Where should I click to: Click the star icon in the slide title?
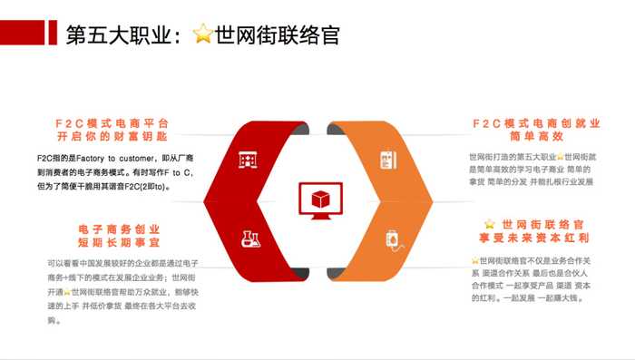point(203,34)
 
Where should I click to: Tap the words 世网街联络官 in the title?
point(278,34)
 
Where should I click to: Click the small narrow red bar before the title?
point(55,34)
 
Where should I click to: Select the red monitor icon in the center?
point(318,201)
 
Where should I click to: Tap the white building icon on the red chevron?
point(248,160)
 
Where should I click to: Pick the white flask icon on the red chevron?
point(250,239)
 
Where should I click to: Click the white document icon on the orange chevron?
point(387,160)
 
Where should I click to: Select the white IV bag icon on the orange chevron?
point(390,240)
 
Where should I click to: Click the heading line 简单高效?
point(536,138)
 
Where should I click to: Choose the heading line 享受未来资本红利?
point(536,238)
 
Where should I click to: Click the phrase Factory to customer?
point(116,158)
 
